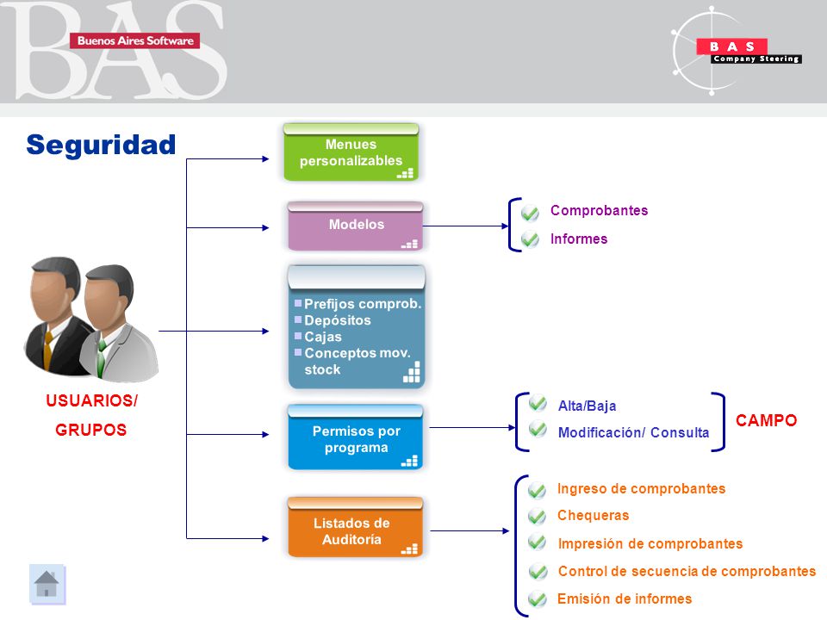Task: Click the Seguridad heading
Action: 101,145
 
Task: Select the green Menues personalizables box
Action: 351,152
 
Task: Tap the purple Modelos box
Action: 356,226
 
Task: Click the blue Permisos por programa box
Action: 356,437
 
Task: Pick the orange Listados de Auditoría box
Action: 356,527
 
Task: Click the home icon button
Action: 47,584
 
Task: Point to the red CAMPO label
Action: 766,420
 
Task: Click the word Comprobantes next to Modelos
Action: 600,210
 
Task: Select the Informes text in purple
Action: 579,239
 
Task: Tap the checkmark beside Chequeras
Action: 537,515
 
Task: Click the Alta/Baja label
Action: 587,406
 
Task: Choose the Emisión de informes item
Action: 625,599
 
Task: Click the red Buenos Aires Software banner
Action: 135,40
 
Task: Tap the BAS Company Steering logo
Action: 737,51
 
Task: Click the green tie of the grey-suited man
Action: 102,356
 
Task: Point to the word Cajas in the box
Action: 323,337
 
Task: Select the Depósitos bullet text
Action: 338,320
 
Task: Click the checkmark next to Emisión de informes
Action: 537,599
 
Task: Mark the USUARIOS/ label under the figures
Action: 92,400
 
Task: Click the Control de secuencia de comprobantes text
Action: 687,571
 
